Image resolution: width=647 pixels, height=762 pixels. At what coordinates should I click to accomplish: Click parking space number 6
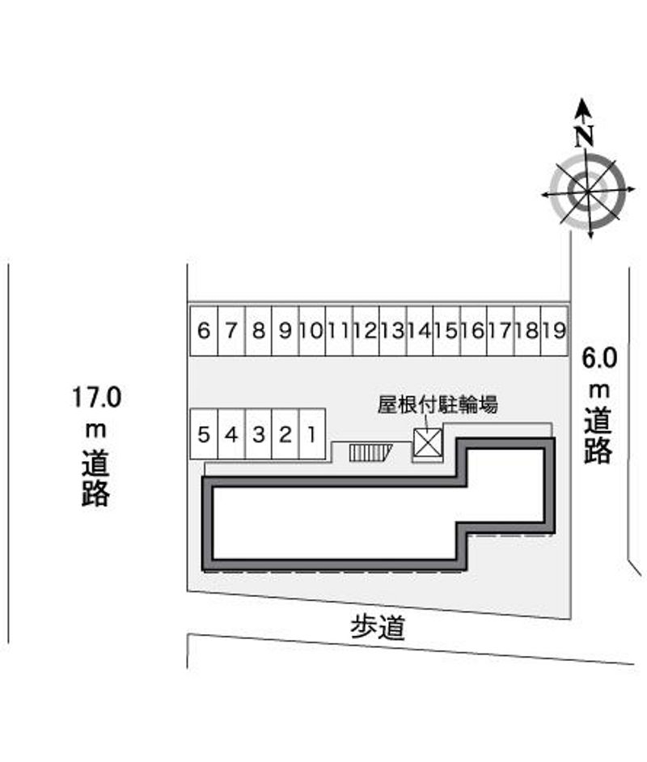[204, 331]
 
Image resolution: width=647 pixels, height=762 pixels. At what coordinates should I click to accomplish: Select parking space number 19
[555, 331]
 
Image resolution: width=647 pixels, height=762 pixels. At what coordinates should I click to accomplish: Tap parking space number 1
[312, 434]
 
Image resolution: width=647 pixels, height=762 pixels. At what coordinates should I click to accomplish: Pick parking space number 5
[204, 434]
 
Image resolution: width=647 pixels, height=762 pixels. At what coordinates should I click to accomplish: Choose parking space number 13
[392, 331]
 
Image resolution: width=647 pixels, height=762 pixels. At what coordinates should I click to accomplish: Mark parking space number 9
[285, 331]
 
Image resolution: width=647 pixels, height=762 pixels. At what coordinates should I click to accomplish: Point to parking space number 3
[259, 434]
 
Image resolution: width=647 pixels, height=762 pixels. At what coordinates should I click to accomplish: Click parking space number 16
[474, 331]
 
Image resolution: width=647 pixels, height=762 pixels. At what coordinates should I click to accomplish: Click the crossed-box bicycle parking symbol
[428, 442]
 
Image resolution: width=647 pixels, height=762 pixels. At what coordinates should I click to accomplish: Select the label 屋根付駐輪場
[438, 404]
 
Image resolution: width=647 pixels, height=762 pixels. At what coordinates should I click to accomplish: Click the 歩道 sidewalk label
[378, 628]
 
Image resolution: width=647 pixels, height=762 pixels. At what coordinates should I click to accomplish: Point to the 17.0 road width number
[97, 397]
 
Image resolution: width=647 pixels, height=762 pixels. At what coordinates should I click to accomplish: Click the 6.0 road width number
[600, 359]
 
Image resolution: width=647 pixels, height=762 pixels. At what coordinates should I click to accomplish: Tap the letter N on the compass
[585, 137]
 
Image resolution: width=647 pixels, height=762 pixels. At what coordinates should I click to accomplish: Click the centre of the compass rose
[588, 192]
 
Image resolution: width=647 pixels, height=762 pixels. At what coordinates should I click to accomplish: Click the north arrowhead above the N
[583, 108]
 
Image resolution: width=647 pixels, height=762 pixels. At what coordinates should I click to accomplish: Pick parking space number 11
[339, 331]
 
